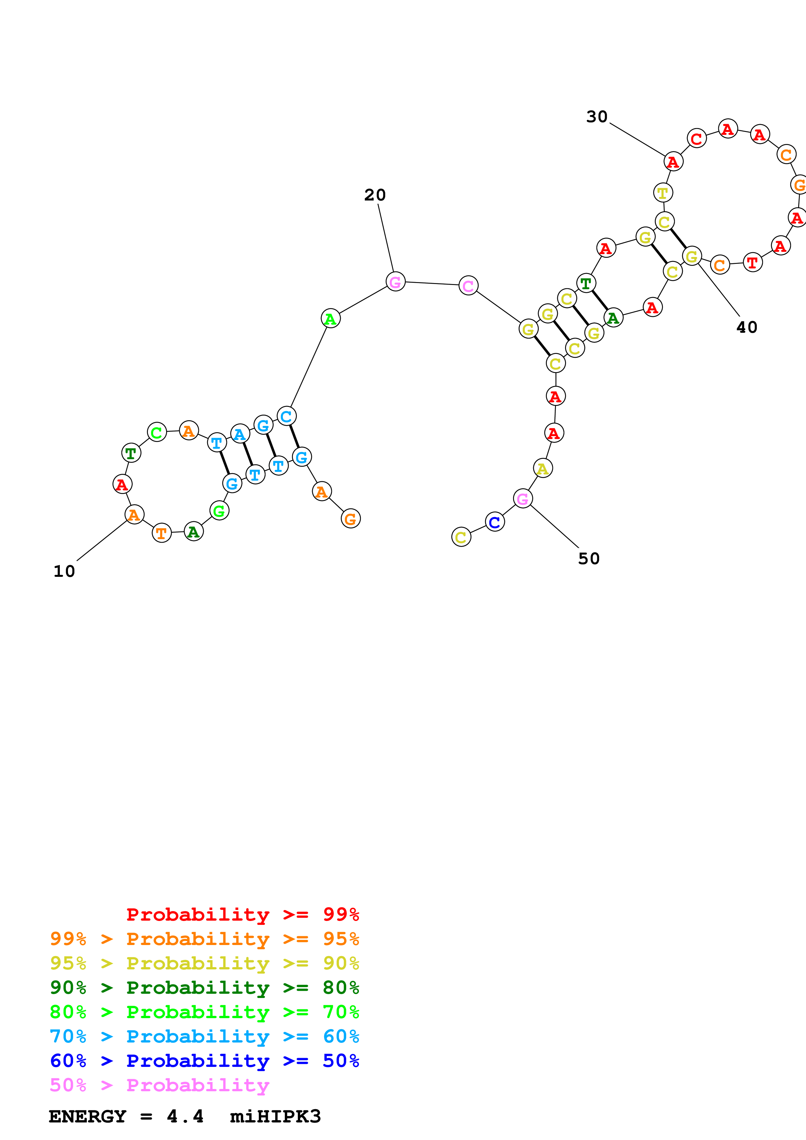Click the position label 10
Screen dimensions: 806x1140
tap(64, 571)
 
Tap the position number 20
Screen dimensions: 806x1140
tap(375, 195)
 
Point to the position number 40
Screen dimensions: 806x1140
tap(747, 327)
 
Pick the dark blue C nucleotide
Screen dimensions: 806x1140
tap(495, 522)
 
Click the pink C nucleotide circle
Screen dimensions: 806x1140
tap(468, 286)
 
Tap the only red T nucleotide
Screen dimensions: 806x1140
tap(752, 262)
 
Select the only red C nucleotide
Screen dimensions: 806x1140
tap(697, 138)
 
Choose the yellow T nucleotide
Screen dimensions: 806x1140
tap(663, 193)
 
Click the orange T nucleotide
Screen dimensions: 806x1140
tap(161, 533)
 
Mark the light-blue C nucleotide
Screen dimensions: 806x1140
tap(286, 416)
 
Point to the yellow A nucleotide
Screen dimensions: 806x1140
tap(543, 468)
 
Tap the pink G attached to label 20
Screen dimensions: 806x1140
tap(395, 281)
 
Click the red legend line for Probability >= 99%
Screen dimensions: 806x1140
tap(242, 914)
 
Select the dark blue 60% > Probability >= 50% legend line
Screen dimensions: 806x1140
tap(204, 1061)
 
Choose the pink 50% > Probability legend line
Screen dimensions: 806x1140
tap(159, 1085)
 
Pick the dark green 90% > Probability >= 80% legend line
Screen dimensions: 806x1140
tap(204, 988)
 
